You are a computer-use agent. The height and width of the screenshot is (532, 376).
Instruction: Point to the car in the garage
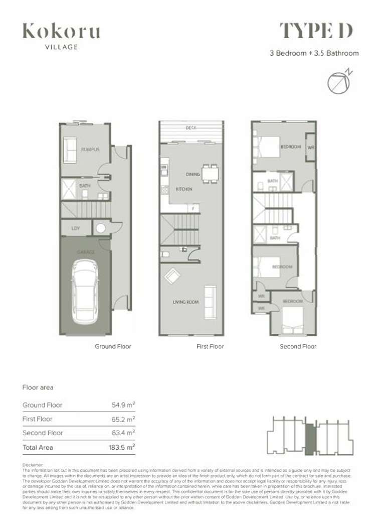click(85, 291)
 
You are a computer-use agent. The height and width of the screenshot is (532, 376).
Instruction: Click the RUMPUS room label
click(90, 150)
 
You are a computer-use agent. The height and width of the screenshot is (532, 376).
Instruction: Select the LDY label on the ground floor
click(76, 228)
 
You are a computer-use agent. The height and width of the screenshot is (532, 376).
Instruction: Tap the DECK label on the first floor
click(191, 128)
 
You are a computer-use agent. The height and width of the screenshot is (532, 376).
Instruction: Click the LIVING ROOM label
click(186, 302)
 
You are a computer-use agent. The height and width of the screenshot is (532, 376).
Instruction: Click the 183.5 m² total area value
click(123, 447)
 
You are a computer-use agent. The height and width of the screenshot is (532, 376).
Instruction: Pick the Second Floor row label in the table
click(43, 433)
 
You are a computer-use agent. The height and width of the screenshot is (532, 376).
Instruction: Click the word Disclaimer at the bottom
click(34, 465)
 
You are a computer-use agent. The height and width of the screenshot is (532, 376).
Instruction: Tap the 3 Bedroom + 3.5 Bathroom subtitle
click(314, 53)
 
